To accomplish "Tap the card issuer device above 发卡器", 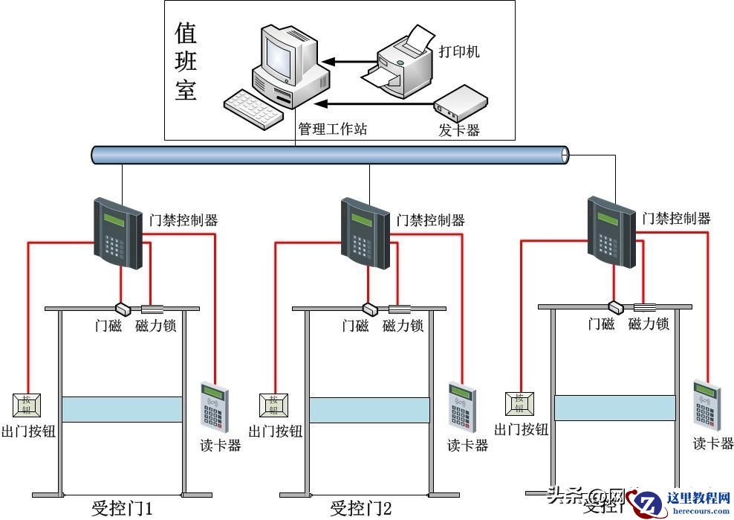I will [461, 103].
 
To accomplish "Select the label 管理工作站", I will [332, 129].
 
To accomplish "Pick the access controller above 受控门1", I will [117, 231].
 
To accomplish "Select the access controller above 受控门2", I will [365, 231].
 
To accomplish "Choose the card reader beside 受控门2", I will [461, 406].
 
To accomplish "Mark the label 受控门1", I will [122, 509].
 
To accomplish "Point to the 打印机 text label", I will [459, 51].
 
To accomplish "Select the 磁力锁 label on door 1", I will [156, 326].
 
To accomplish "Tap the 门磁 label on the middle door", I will [355, 326].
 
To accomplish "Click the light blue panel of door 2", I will [369, 410].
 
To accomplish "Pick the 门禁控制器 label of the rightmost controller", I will [676, 218].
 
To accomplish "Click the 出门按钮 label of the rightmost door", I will [521, 429].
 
